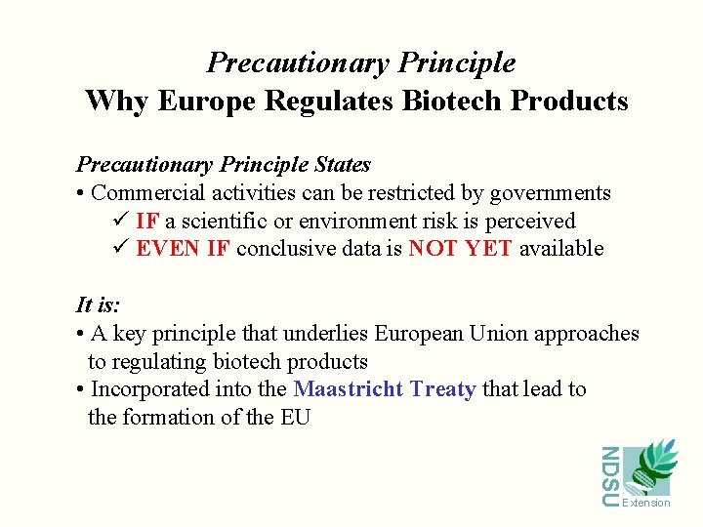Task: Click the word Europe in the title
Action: point(199,101)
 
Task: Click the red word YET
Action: point(488,249)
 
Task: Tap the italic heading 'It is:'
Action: point(98,305)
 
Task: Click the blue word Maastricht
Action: point(349,389)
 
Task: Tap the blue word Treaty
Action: point(443,389)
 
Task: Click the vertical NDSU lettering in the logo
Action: point(609,476)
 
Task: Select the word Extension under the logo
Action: point(646,503)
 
